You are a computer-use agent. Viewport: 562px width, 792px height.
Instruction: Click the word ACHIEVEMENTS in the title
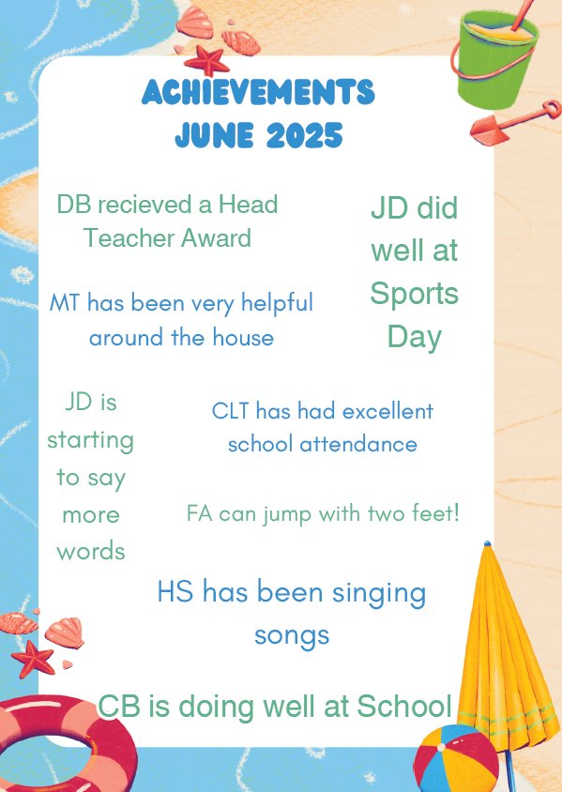(259, 92)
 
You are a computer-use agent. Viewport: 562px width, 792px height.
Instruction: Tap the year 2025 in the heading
(305, 135)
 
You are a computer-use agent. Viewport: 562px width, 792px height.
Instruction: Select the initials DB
(74, 205)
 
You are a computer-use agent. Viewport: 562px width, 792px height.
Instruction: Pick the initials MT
(65, 303)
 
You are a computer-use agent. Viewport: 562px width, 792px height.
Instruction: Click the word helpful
(277, 304)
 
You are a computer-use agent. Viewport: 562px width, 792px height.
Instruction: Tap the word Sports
(414, 295)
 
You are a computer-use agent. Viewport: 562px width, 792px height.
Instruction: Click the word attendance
(358, 445)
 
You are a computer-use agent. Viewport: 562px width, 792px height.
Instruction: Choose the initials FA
(200, 513)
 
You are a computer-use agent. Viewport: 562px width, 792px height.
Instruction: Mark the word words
(91, 551)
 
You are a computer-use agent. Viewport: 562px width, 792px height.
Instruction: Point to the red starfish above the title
(206, 60)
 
